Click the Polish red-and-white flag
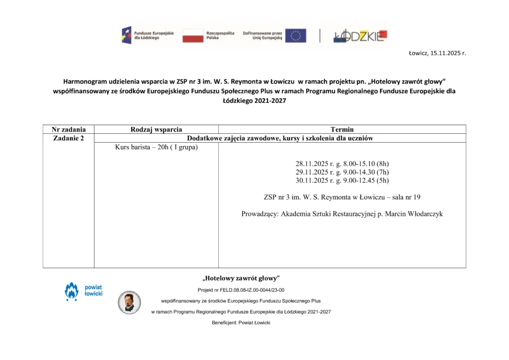tap(193, 35)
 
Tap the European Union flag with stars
tap(295, 35)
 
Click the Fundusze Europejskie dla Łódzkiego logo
tap(148, 35)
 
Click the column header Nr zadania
tap(69, 129)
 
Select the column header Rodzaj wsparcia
tap(156, 129)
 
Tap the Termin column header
tap(342, 129)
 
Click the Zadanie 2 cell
tap(69, 138)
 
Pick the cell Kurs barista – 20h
tap(156, 147)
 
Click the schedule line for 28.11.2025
tap(342, 163)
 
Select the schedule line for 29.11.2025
tap(342, 172)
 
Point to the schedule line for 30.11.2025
tap(342, 180)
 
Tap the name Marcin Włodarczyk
tap(412, 214)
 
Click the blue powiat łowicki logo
tap(83, 291)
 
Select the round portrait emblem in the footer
tap(129, 302)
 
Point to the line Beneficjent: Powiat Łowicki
tap(241, 323)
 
